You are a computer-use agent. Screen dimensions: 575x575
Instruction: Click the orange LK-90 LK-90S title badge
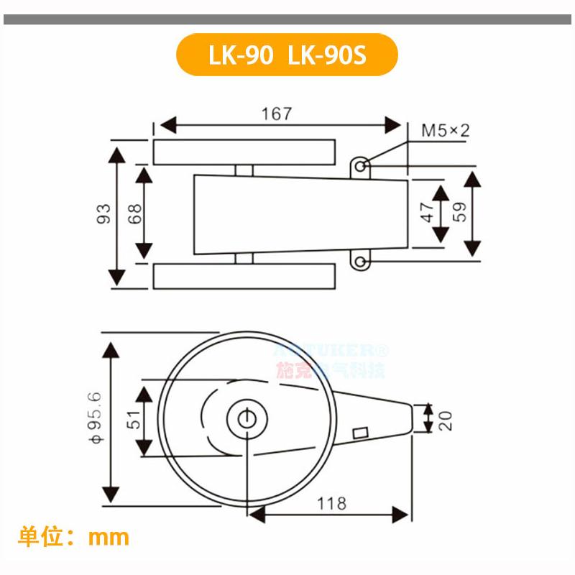287,55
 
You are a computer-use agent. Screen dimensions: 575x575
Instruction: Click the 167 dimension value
277,114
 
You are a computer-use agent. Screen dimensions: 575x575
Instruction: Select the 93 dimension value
103,214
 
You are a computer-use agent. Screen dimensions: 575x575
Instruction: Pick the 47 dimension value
427,212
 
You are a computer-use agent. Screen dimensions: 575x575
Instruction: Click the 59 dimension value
460,211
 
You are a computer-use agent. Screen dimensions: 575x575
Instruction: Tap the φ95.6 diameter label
93,416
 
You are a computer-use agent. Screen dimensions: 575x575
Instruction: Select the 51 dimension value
134,420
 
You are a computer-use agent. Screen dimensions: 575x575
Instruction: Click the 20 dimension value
446,418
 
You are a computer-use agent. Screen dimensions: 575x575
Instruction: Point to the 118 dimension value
331,503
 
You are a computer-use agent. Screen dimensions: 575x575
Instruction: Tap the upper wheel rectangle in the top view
244,152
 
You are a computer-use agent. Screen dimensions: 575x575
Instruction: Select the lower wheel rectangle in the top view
244,276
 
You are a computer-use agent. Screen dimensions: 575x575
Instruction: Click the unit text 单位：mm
73,536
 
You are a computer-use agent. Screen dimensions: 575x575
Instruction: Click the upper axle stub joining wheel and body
244,170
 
